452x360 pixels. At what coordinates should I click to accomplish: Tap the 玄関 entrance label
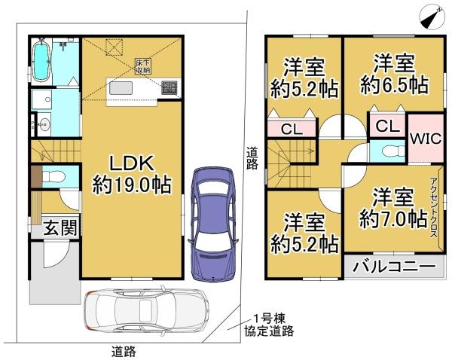pyautogui.click(x=56, y=227)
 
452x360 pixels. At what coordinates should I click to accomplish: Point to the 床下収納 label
pyautogui.click(x=144, y=66)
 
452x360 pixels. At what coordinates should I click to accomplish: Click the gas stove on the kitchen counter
pyautogui.click(x=168, y=89)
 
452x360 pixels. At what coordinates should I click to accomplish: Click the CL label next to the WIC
pyautogui.click(x=387, y=126)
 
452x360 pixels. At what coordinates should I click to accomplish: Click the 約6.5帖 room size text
pyautogui.click(x=388, y=85)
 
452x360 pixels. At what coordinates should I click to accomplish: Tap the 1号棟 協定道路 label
pyautogui.click(x=268, y=325)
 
